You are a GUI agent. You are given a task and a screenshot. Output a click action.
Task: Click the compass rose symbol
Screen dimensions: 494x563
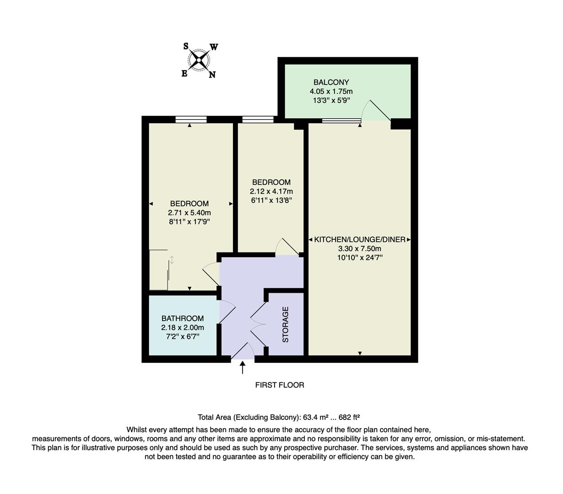(200, 60)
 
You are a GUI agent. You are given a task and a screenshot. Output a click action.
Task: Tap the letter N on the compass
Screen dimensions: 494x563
(212, 75)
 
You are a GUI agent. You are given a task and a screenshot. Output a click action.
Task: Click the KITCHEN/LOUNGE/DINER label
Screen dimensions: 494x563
(360, 240)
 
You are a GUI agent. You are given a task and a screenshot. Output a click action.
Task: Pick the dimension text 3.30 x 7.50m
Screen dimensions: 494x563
(360, 249)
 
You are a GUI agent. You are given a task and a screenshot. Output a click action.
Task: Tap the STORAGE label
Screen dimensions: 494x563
(286, 325)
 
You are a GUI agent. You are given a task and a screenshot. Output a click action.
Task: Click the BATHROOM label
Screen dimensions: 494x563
(182, 319)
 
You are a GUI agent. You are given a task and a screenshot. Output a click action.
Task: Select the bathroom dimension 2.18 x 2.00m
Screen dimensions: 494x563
(182, 328)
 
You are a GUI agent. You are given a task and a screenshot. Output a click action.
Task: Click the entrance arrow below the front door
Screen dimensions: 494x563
(243, 367)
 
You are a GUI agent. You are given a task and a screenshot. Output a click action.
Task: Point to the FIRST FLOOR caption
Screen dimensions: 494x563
(279, 385)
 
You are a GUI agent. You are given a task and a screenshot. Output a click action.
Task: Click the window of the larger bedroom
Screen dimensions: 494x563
(191, 120)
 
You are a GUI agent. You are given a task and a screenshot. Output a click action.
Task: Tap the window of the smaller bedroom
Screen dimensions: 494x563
(258, 120)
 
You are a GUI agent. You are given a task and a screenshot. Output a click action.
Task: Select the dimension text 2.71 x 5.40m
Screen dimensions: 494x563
(189, 213)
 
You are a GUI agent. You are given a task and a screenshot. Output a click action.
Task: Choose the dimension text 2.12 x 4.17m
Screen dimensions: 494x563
(271, 191)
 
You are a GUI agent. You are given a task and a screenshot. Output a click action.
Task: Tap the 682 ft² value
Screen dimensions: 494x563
(349, 417)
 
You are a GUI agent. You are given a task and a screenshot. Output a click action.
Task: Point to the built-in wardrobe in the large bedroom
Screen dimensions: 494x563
(159, 270)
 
